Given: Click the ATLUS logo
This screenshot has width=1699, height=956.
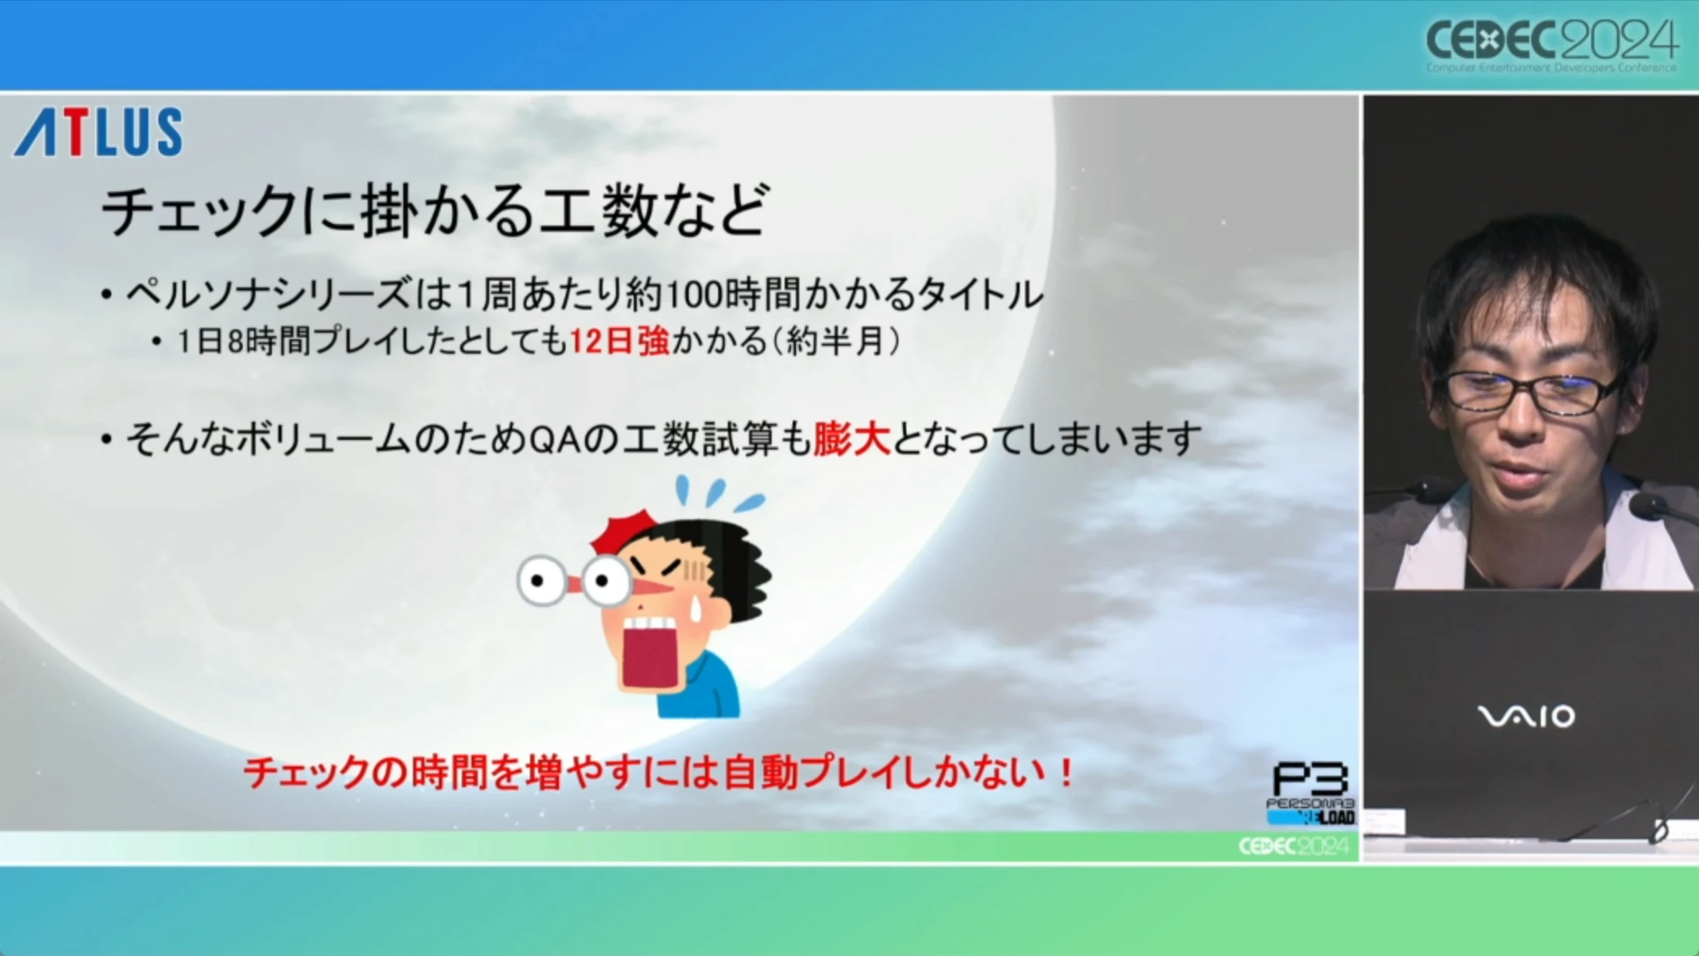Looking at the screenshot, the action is [99, 132].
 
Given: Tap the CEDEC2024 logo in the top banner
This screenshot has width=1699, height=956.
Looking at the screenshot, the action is [1551, 45].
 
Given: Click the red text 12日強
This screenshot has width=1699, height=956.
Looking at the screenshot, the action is [620, 342].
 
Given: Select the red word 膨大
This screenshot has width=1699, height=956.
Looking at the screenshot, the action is [852, 440].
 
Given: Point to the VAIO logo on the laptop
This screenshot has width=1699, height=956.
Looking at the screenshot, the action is [1526, 717].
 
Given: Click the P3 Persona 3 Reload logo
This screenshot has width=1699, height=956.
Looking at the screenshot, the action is [1310, 794].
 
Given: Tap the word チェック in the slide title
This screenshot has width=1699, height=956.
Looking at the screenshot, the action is [200, 211].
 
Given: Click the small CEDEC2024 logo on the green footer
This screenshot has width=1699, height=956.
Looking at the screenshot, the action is [1293, 846].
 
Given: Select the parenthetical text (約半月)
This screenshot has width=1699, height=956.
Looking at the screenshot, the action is [834, 342].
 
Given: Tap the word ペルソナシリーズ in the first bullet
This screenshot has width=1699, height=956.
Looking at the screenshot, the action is [269, 294].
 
